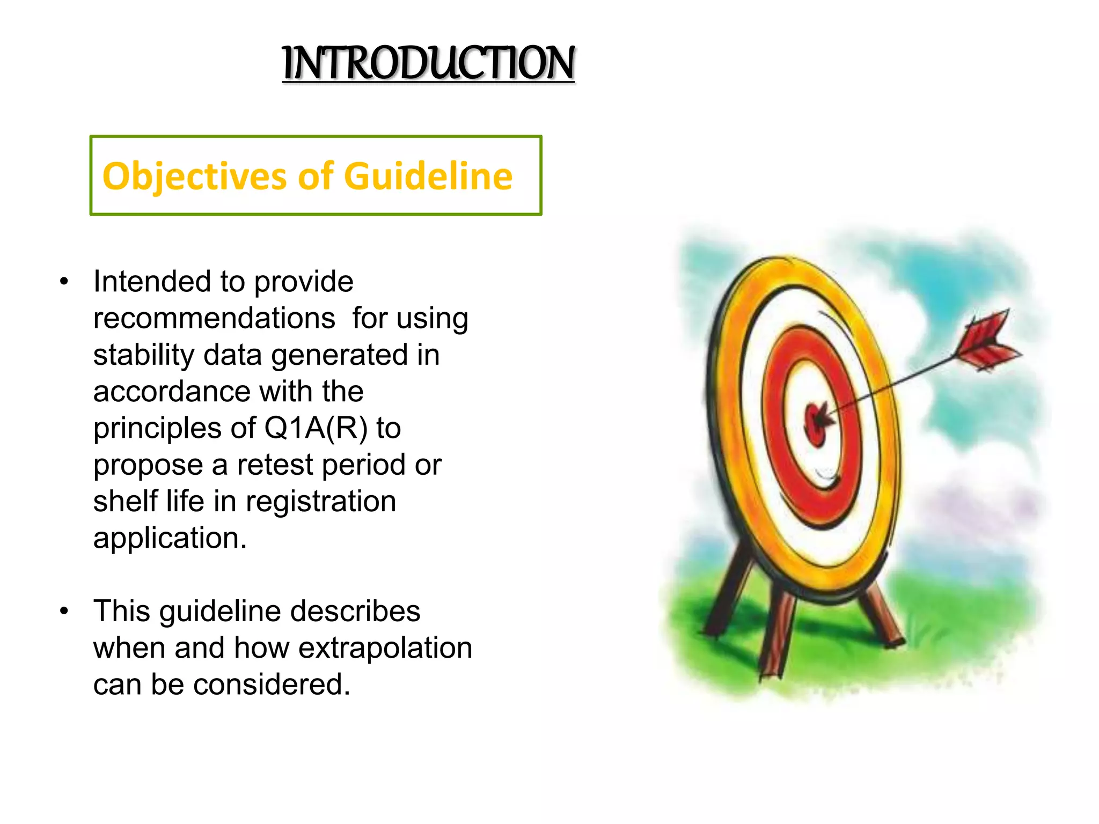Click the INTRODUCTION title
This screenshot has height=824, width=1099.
click(x=428, y=63)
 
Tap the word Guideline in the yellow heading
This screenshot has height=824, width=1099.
click(x=428, y=176)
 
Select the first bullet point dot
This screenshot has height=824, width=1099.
click(x=64, y=282)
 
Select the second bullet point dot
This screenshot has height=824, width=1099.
click(x=64, y=611)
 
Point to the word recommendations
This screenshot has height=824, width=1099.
click(x=214, y=319)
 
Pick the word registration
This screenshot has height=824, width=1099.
click(x=320, y=502)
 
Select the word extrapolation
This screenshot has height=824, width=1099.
click(x=385, y=648)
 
